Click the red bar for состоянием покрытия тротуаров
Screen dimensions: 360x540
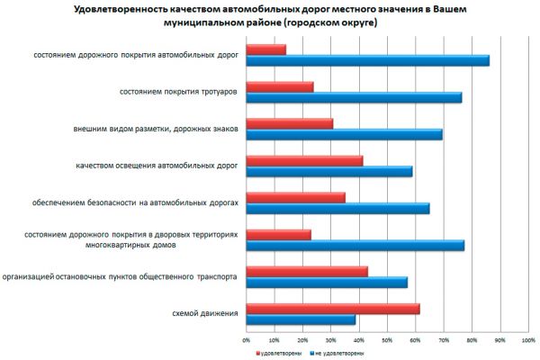[280, 86]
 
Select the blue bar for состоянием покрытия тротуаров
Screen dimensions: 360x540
[354, 97]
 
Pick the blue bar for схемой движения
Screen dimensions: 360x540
[301, 319]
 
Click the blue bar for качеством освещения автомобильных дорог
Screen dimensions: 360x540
[329, 171]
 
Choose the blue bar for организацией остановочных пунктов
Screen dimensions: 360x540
[327, 282]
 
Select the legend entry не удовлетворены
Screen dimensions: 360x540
[334, 354]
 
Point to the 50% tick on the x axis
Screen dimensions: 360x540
[387, 339]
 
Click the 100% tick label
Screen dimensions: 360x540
[527, 339]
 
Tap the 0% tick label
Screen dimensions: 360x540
[247, 339]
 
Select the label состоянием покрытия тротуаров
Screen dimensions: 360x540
[179, 92]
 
